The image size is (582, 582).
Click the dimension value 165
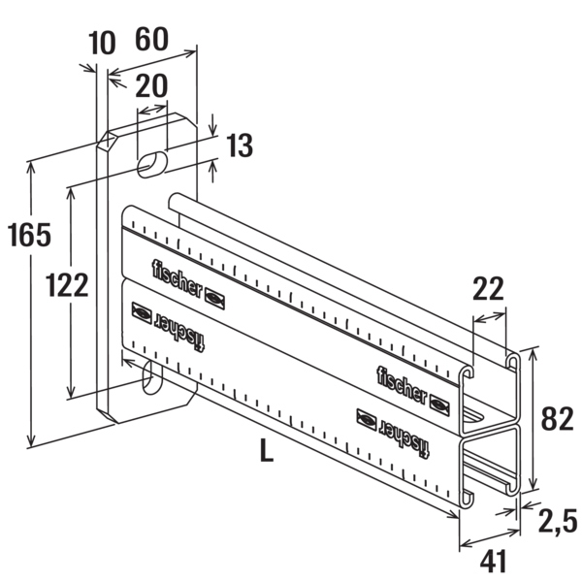click(29, 235)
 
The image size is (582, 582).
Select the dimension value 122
click(67, 284)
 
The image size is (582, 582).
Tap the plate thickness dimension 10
click(102, 43)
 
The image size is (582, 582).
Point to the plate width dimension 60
click(151, 39)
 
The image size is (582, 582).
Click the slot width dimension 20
click(151, 85)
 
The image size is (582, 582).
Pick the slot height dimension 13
click(240, 145)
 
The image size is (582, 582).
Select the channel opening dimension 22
click(488, 288)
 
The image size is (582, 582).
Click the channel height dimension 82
click(557, 418)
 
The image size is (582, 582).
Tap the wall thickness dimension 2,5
click(558, 520)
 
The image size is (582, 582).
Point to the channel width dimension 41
click(494, 562)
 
